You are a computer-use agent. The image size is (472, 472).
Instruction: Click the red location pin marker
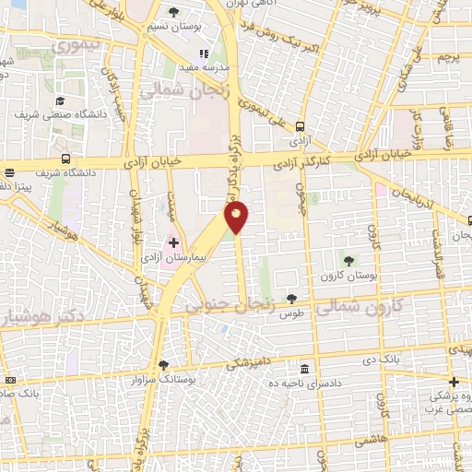[237, 217]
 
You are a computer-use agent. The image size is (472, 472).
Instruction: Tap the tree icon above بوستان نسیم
[175, 11]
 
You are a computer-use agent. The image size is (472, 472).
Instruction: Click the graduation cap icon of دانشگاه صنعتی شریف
[60, 101]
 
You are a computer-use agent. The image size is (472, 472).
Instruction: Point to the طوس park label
[292, 313]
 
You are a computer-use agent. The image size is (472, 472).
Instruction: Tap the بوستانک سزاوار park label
[164, 379]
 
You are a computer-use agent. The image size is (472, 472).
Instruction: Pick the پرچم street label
[449, 56]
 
